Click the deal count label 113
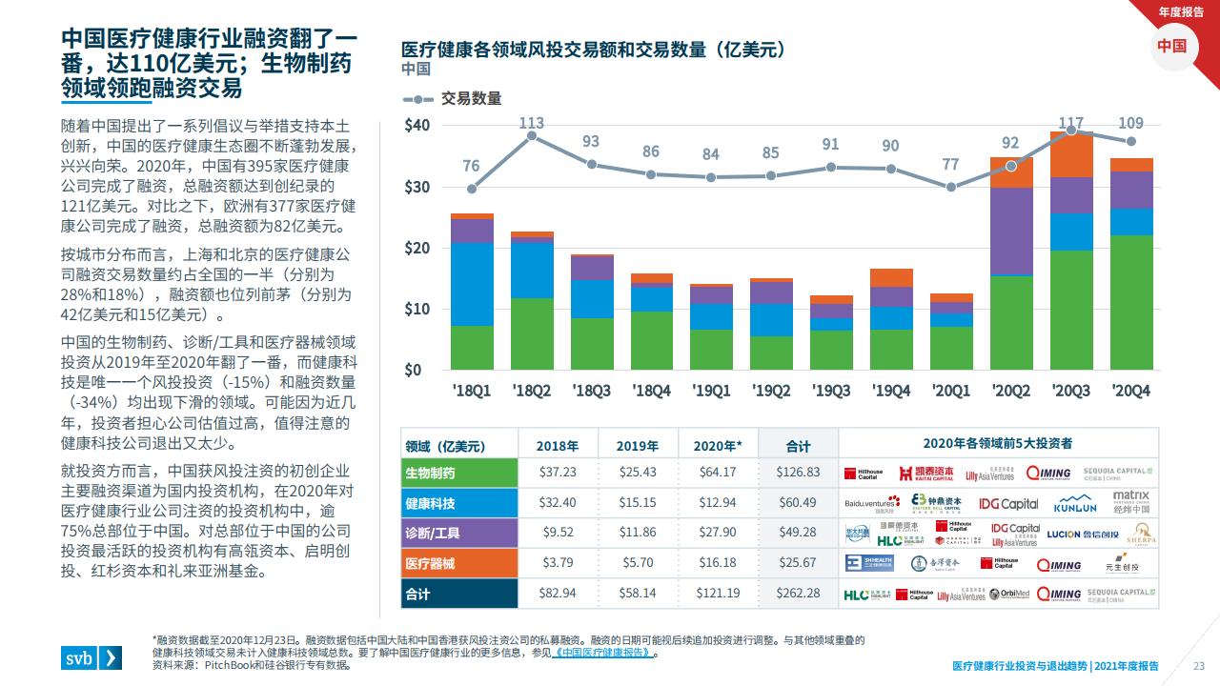click(532, 123)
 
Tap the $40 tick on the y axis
click(417, 126)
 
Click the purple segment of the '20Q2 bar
click(1011, 232)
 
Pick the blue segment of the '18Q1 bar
click(472, 285)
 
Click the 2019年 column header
click(638, 445)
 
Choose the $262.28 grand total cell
click(799, 593)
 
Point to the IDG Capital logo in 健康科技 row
click(1008, 503)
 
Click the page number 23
click(1199, 666)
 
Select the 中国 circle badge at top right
click(1172, 46)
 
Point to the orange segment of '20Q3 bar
click(1071, 154)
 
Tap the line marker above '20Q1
click(951, 187)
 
